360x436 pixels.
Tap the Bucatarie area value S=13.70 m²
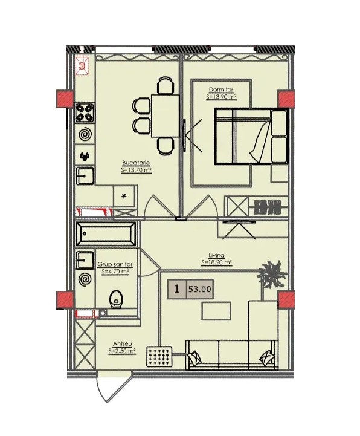(136, 169)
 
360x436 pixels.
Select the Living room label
(217, 255)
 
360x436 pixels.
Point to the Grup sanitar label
(115, 264)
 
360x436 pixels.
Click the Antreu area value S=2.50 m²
(122, 351)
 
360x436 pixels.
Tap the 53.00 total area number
(200, 289)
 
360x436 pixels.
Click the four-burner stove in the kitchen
(85, 113)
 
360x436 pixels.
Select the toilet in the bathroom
(116, 299)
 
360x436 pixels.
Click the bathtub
(106, 234)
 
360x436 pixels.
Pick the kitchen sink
(85, 175)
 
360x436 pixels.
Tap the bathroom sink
(85, 260)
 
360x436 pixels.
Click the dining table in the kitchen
(165, 116)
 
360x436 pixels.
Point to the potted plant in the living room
(271, 273)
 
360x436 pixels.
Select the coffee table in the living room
(216, 311)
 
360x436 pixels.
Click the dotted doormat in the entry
(159, 356)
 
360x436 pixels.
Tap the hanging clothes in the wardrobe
(267, 207)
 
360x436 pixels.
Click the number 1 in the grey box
(176, 289)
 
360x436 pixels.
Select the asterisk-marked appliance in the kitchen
(124, 197)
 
